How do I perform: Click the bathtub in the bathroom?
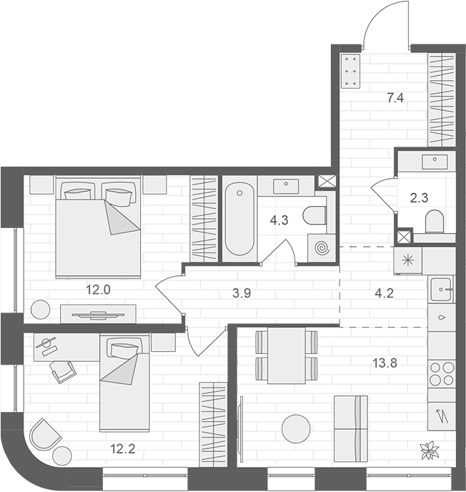[x=239, y=220]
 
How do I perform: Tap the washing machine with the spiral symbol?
[x=322, y=248]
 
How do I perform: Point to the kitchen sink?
[x=441, y=290]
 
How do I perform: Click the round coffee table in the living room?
[x=297, y=429]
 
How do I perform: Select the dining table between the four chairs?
[x=287, y=356]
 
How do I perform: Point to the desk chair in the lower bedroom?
[x=63, y=371]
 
